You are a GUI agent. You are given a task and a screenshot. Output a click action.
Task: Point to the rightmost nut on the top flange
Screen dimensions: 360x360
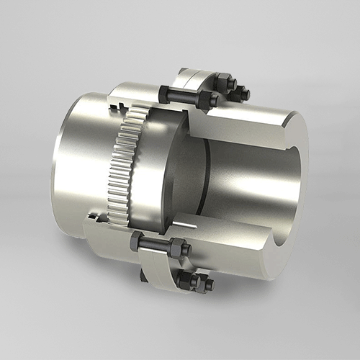click(x=242, y=93)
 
